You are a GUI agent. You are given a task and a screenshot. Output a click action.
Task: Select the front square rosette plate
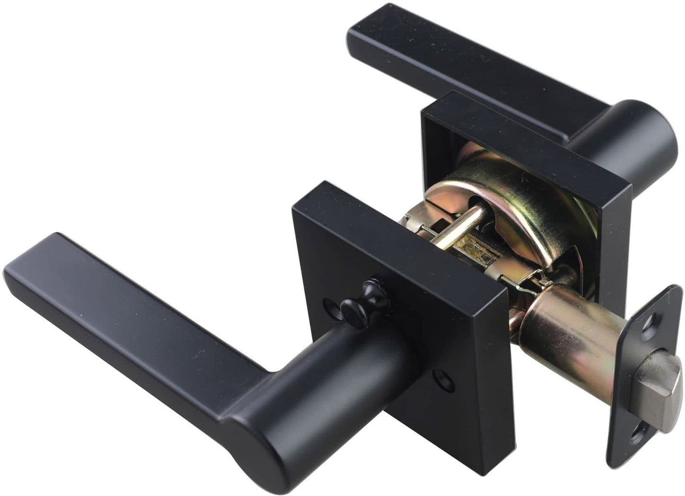pyautogui.click(x=393, y=265)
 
